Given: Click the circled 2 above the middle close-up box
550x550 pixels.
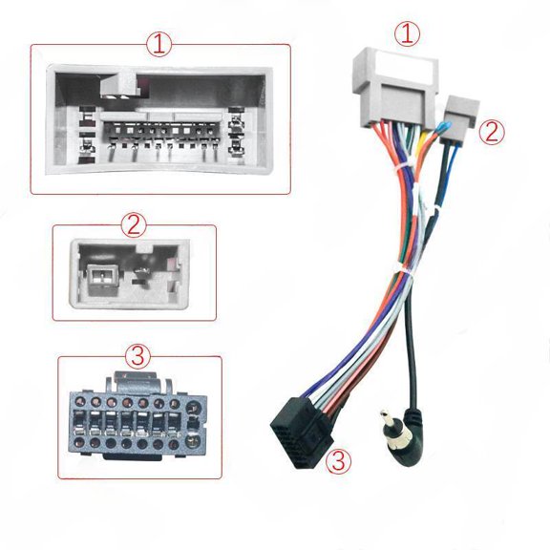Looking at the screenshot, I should (x=134, y=225).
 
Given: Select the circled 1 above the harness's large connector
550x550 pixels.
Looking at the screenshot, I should (x=410, y=34).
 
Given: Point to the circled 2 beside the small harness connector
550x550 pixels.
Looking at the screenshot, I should (x=493, y=132).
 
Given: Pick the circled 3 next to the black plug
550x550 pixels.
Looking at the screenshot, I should (x=336, y=463).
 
